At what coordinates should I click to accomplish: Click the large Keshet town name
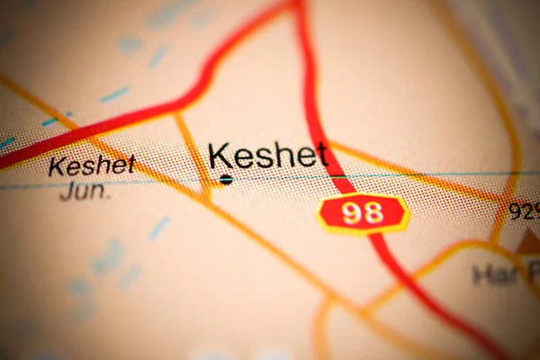coord(267,156)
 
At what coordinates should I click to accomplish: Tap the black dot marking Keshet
coord(226,180)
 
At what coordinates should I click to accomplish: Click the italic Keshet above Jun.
coord(92,165)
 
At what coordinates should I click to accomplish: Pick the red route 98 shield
coord(364,213)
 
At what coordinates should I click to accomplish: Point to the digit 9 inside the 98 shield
coord(353,213)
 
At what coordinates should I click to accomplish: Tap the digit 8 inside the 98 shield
coord(373,213)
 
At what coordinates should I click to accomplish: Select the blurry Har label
coord(494,274)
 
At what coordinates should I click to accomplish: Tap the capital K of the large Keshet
coord(219,156)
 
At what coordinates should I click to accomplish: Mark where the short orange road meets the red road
coord(178,112)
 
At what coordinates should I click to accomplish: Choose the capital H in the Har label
coord(481,274)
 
